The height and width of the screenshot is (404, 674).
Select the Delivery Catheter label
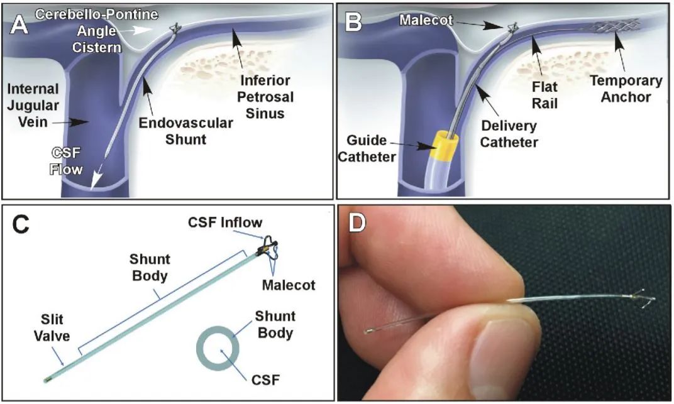509,133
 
